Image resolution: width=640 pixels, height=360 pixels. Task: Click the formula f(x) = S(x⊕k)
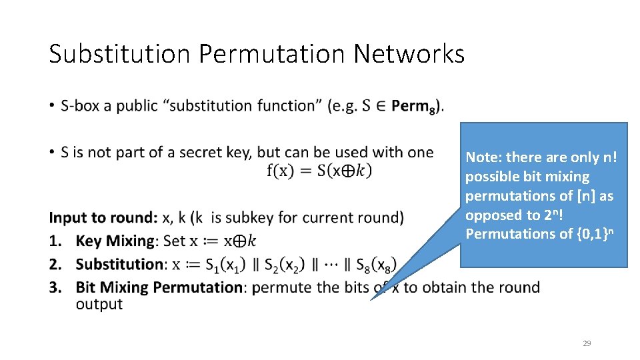tap(319, 171)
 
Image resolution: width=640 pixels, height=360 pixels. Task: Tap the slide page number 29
tap(587, 343)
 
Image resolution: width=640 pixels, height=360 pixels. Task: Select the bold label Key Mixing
tap(117, 241)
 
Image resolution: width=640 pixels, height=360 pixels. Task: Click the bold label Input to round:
tap(103, 218)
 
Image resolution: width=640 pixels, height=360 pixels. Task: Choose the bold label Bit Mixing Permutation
tap(159, 287)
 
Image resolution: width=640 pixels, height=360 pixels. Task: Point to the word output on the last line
tap(99, 304)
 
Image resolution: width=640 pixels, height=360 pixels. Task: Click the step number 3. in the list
tap(58, 287)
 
